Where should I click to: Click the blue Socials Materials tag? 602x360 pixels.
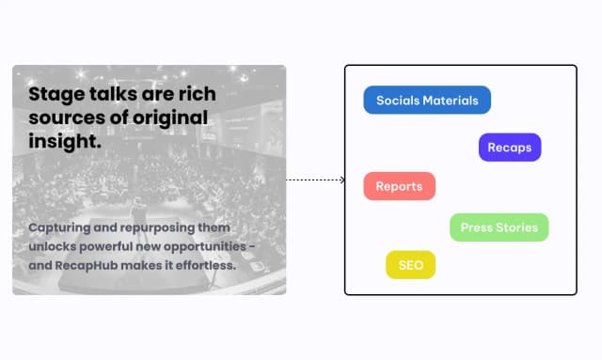[427, 100]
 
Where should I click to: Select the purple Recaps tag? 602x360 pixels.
[510, 148]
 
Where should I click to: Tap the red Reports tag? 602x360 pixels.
[399, 186]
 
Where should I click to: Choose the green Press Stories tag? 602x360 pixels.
[499, 227]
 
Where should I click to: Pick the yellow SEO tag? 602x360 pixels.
[411, 265]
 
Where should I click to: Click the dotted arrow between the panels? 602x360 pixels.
[315, 180]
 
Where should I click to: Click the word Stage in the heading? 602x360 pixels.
[54, 95]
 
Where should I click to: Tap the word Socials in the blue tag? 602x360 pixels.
[399, 100]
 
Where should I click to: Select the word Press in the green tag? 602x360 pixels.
[477, 227]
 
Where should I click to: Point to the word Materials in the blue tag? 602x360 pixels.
[451, 100]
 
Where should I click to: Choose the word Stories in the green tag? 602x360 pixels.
[517, 227]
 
